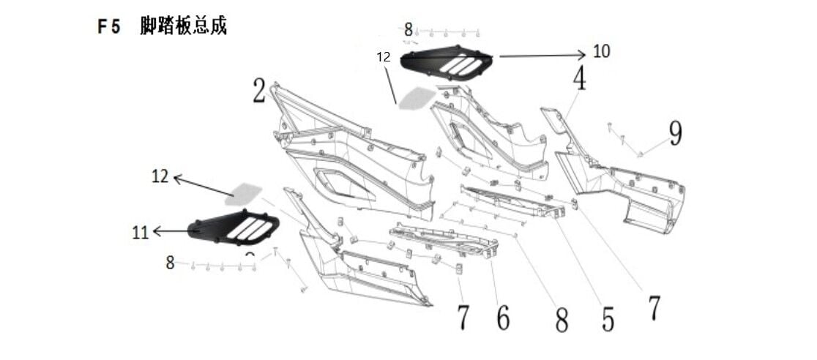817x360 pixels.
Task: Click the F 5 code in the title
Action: [x=110, y=27]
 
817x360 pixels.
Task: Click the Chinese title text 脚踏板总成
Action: [x=183, y=26]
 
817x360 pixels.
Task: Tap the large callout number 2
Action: [x=258, y=91]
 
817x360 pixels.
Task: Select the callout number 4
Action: [x=579, y=79]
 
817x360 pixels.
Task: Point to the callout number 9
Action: [x=674, y=133]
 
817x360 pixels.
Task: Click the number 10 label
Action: [x=601, y=52]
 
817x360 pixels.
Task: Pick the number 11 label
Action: [x=141, y=233]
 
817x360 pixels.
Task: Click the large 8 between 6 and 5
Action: [x=562, y=320]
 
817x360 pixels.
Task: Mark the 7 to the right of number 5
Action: [x=654, y=308]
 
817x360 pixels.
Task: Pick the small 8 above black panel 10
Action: [x=409, y=30]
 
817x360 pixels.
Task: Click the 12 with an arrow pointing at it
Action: [x=160, y=176]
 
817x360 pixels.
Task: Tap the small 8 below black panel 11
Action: [x=170, y=263]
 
